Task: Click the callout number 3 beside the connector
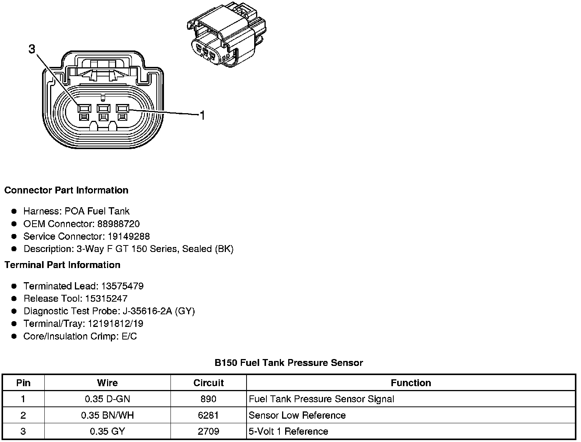coord(32,49)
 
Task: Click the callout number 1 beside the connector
coord(202,115)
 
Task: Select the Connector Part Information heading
coord(66,190)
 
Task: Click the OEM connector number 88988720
coord(118,224)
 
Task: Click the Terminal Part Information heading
coord(62,265)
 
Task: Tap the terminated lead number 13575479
coord(122,286)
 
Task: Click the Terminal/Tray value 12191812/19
coord(115,324)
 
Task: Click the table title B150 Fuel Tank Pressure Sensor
coord(289,363)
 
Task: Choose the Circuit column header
coord(208,383)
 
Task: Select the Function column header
coord(411,383)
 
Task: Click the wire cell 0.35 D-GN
coord(107,399)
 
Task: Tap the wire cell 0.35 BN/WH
coord(107,415)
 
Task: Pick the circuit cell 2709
coord(208,431)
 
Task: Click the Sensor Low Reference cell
coord(297,415)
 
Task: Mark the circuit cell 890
coord(208,399)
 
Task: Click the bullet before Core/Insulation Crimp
coord(14,336)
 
